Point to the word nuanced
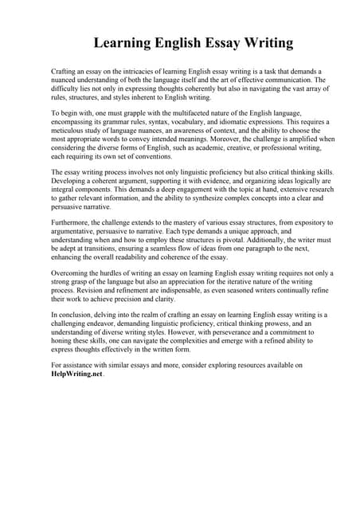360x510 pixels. click(x=66, y=80)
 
